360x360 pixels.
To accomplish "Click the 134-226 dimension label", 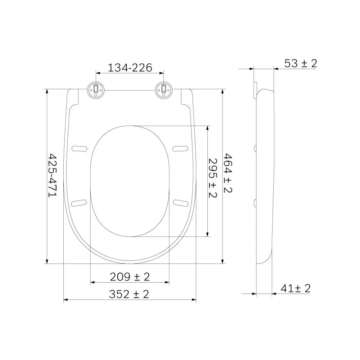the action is tap(130, 68).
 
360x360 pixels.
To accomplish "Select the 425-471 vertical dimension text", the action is tap(52, 175).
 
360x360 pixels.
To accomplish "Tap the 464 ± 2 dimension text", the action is tap(228, 173).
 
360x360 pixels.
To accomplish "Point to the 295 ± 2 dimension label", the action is tap(213, 178).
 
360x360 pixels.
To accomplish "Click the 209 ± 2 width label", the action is tap(130, 276).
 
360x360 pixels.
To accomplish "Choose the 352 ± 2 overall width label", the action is tap(129, 294).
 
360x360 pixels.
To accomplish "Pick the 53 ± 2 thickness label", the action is tap(301, 63).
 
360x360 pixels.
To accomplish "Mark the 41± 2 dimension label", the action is tap(296, 288).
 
